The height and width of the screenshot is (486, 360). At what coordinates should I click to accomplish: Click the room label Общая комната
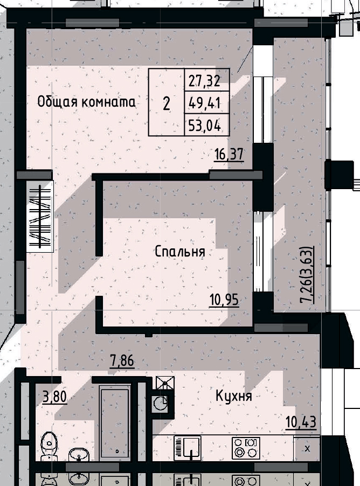pyautogui.click(x=86, y=101)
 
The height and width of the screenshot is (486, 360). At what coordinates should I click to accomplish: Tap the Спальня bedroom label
pyautogui.click(x=179, y=251)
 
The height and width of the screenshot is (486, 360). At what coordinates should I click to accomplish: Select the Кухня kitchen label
pyautogui.click(x=234, y=397)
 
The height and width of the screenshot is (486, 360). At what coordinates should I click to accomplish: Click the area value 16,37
pyautogui.click(x=229, y=155)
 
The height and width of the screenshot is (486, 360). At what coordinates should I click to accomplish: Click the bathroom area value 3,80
pyautogui.click(x=54, y=398)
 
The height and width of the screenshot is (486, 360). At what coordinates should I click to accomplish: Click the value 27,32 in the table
pyautogui.click(x=207, y=81)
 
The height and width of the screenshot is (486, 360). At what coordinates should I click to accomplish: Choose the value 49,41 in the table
pyautogui.click(x=207, y=102)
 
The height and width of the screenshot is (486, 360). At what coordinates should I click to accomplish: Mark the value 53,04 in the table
pyautogui.click(x=207, y=126)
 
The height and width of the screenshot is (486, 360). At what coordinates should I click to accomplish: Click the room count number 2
pyautogui.click(x=167, y=103)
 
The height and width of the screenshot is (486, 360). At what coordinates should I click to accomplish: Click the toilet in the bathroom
pyautogui.click(x=49, y=443)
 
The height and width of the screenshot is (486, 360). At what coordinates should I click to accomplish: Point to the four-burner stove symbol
pyautogui.click(x=246, y=447)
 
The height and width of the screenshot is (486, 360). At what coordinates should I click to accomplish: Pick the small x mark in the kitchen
pyautogui.click(x=308, y=448)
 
